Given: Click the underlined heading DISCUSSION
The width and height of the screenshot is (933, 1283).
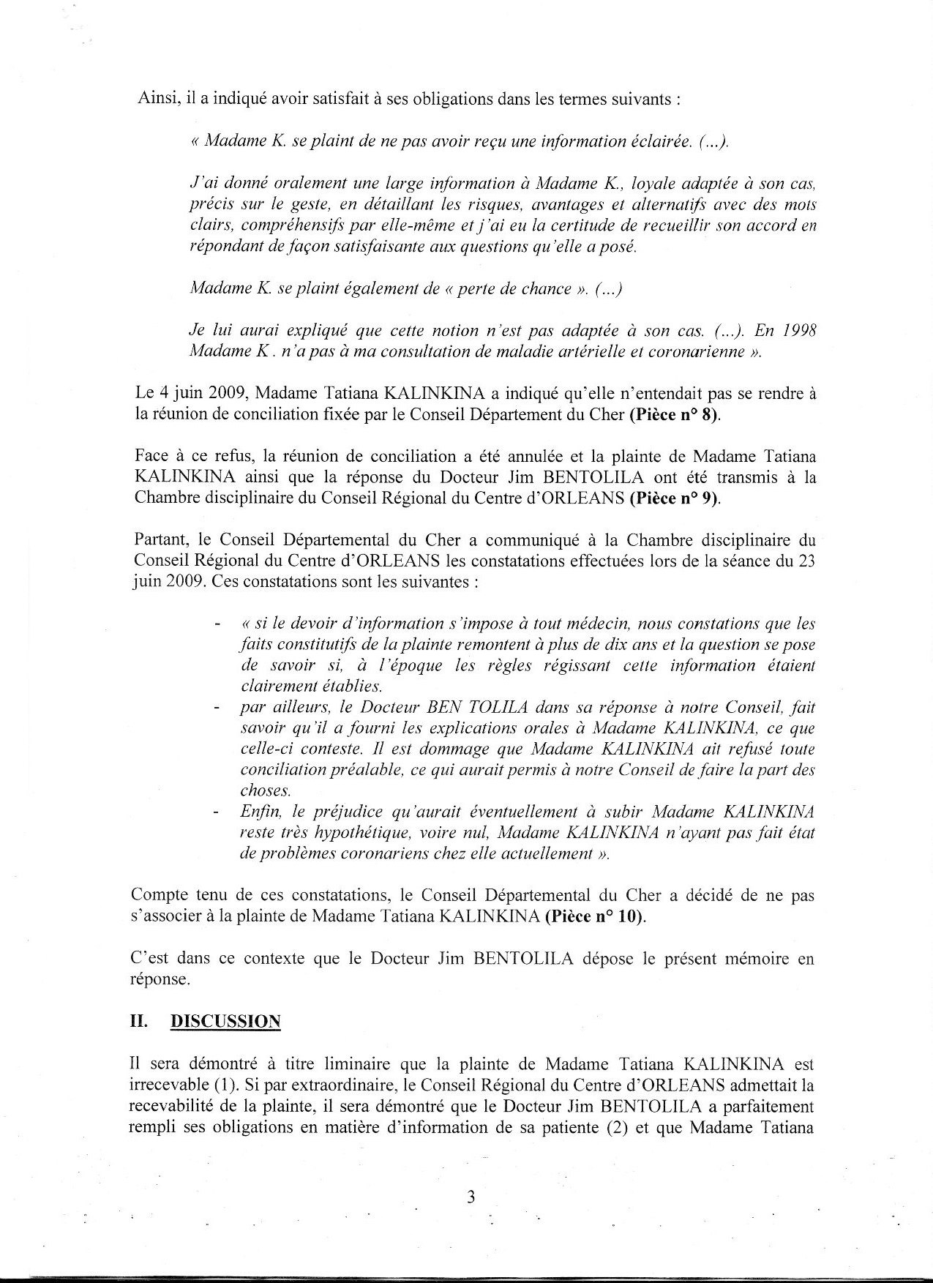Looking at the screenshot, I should click(225, 1022).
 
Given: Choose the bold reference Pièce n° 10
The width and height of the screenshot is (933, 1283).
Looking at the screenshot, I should click(594, 916).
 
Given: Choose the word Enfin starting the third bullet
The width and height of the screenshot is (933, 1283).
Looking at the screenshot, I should click(257, 812).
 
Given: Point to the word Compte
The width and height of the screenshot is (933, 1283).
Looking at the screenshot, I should click(159, 895).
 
